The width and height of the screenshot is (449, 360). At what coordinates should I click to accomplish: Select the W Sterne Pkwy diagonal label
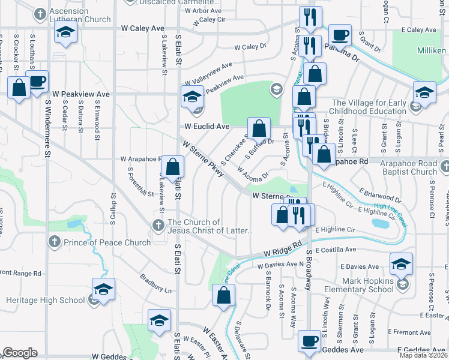point(203,159)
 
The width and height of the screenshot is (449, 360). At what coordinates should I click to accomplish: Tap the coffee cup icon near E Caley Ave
point(340,35)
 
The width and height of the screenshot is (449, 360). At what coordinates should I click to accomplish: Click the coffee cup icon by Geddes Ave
point(310,341)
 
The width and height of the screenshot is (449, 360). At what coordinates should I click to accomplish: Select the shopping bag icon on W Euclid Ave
point(259,128)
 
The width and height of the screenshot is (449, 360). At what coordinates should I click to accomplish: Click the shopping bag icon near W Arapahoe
point(172,167)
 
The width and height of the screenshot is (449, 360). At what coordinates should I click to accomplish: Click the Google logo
point(20,353)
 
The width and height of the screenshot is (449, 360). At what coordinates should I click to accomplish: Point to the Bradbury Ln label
point(155,283)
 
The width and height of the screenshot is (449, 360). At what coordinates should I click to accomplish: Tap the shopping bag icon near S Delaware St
point(223,295)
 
